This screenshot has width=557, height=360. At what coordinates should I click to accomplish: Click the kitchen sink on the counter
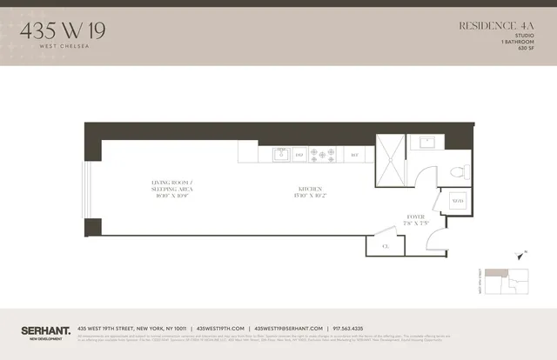tap(281, 155)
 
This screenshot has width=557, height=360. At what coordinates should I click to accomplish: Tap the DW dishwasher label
tap(299, 156)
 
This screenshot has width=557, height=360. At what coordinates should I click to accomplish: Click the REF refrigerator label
tap(354, 156)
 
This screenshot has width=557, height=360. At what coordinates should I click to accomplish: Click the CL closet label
tap(386, 247)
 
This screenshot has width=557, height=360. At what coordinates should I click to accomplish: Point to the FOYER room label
tap(415, 217)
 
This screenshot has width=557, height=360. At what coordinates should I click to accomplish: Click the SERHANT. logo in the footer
tap(44, 330)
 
